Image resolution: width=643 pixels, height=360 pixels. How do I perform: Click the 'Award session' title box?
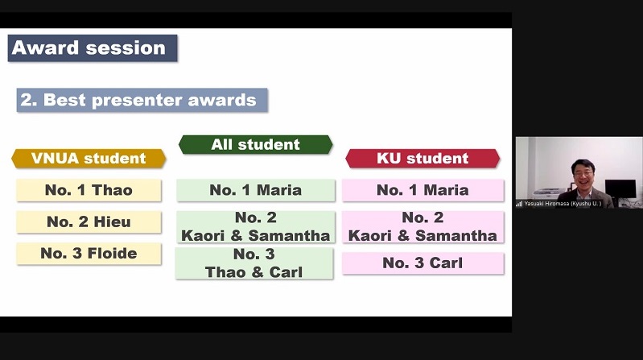tap(93, 48)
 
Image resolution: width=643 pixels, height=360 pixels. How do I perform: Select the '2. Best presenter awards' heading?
tap(142, 100)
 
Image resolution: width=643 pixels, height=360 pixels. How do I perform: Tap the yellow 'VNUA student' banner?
tap(89, 159)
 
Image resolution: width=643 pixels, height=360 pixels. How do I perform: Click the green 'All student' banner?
tap(255, 144)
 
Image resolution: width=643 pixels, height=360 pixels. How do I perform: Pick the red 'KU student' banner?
tap(422, 159)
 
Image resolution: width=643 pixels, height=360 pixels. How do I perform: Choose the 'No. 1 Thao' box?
tap(89, 190)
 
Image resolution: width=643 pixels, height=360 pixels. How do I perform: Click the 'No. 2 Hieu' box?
tap(89, 221)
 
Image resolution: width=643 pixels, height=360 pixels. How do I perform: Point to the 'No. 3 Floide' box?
tap(89, 253)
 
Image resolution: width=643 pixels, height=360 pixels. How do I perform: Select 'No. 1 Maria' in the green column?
tap(255, 190)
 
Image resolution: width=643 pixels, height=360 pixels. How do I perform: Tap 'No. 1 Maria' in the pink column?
tap(422, 190)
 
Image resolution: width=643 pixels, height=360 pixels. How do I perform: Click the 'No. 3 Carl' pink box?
tap(422, 263)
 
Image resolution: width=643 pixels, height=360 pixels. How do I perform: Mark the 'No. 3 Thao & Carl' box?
tap(254, 263)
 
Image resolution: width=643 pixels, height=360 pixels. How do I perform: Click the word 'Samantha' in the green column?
tap(289, 236)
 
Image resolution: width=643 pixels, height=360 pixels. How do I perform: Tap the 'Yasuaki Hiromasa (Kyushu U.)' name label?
tap(563, 204)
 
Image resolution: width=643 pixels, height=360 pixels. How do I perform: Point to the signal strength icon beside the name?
tap(519, 204)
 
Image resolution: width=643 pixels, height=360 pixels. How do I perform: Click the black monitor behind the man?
tap(620, 188)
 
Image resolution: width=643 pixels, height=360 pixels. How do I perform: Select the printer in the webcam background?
tap(549, 193)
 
